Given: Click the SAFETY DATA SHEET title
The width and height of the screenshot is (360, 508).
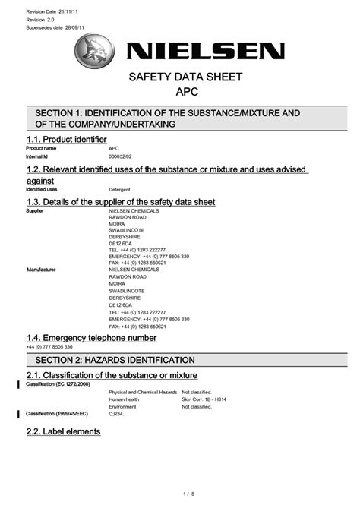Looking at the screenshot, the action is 180,77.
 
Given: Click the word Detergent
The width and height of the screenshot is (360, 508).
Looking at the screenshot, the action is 120,189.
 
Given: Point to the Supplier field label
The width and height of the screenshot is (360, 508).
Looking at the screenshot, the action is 36,210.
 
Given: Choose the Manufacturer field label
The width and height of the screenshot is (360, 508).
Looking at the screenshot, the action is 43,269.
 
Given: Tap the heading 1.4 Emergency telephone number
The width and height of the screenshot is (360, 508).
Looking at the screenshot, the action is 91,337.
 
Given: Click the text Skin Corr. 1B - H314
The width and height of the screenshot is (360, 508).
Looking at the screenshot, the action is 206,399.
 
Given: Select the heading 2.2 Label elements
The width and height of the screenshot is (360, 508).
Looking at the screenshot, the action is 63,431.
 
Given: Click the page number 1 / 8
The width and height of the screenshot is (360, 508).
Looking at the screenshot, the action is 180,494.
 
